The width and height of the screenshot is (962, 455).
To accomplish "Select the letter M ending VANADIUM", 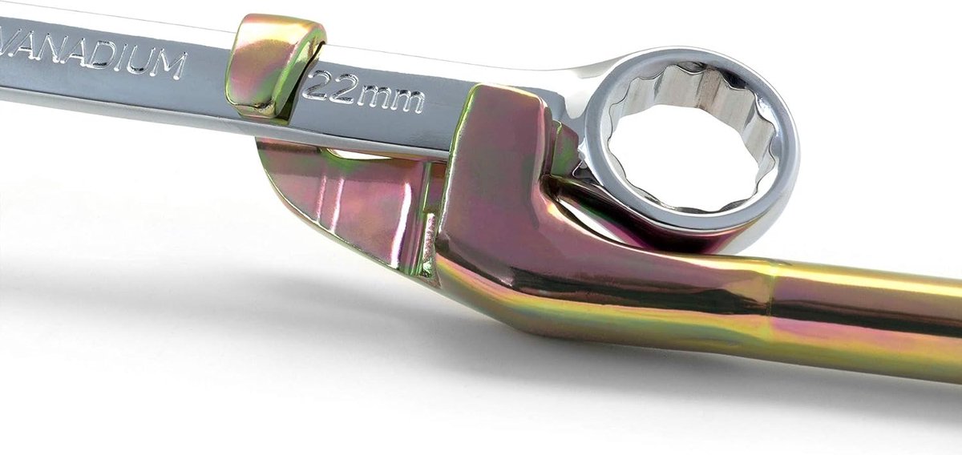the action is (x=165, y=64).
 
